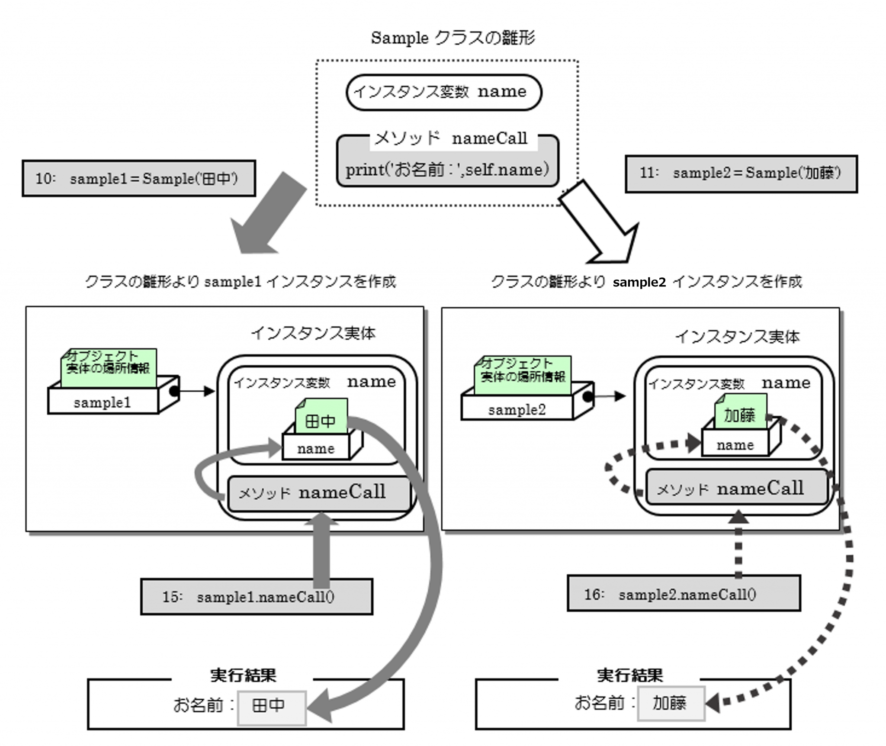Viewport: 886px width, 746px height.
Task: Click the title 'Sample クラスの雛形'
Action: tap(453, 38)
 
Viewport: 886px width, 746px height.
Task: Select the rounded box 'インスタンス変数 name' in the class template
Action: tap(443, 92)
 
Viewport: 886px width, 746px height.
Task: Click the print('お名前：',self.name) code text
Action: tap(447, 169)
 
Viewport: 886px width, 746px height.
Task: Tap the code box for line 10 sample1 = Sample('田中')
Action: tap(138, 178)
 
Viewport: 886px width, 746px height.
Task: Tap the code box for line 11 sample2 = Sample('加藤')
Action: tap(741, 174)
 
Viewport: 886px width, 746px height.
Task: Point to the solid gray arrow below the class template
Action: tap(268, 214)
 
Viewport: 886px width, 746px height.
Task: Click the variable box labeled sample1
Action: tap(103, 402)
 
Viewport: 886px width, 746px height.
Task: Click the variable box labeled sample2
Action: tap(517, 409)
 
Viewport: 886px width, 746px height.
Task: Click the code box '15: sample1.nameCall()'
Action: tap(256, 597)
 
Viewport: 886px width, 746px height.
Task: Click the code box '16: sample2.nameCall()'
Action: tap(684, 594)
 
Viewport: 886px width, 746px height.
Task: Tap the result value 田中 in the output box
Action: tap(271, 706)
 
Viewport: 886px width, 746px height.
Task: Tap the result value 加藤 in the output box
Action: tap(671, 703)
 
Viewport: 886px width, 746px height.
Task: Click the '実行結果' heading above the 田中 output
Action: tap(243, 675)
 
